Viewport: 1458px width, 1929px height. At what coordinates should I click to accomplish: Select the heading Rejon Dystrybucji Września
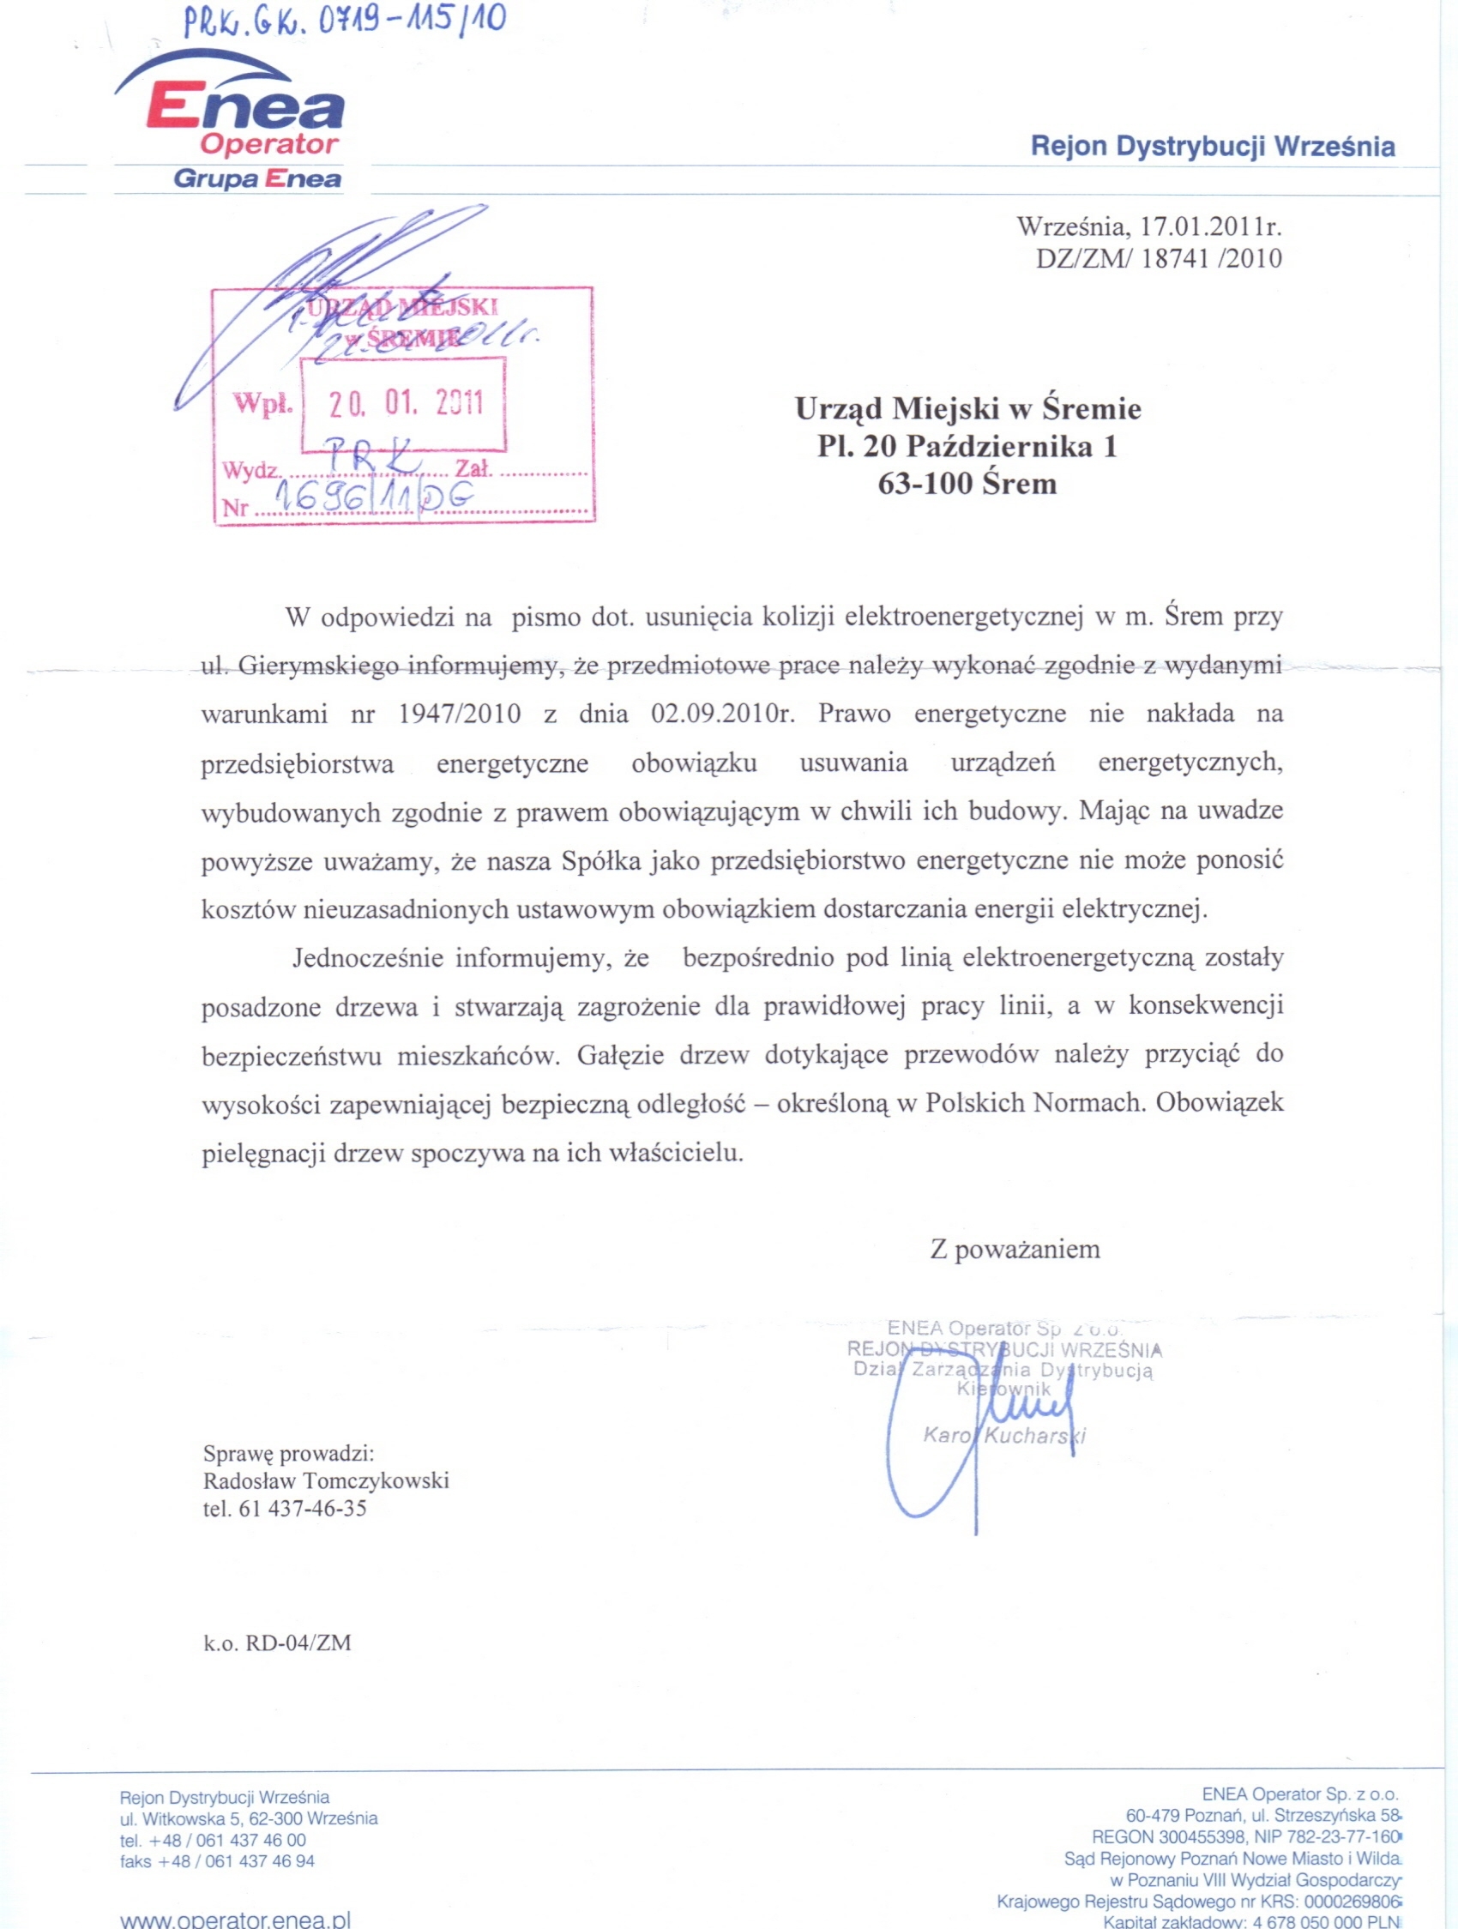(1212, 146)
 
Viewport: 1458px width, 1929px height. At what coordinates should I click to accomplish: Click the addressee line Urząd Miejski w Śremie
(967, 408)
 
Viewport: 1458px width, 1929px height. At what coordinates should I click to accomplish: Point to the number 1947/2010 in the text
(459, 714)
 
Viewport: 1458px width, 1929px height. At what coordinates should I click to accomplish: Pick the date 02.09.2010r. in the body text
(723, 714)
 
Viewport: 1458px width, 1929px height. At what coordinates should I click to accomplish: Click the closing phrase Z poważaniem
(1014, 1250)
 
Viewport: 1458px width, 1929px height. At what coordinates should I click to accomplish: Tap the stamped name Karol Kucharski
(1003, 1436)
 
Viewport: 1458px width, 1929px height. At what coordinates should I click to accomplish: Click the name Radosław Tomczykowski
(325, 1480)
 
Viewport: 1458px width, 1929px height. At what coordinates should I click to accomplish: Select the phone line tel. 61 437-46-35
(284, 1509)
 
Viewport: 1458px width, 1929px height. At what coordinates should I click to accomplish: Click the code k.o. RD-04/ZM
(276, 1643)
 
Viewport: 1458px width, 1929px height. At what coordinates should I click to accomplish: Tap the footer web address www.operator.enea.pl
(235, 1920)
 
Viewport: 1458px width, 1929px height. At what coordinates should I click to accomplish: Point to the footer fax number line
(217, 1861)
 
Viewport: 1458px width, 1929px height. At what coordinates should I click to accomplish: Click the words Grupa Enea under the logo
(257, 179)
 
